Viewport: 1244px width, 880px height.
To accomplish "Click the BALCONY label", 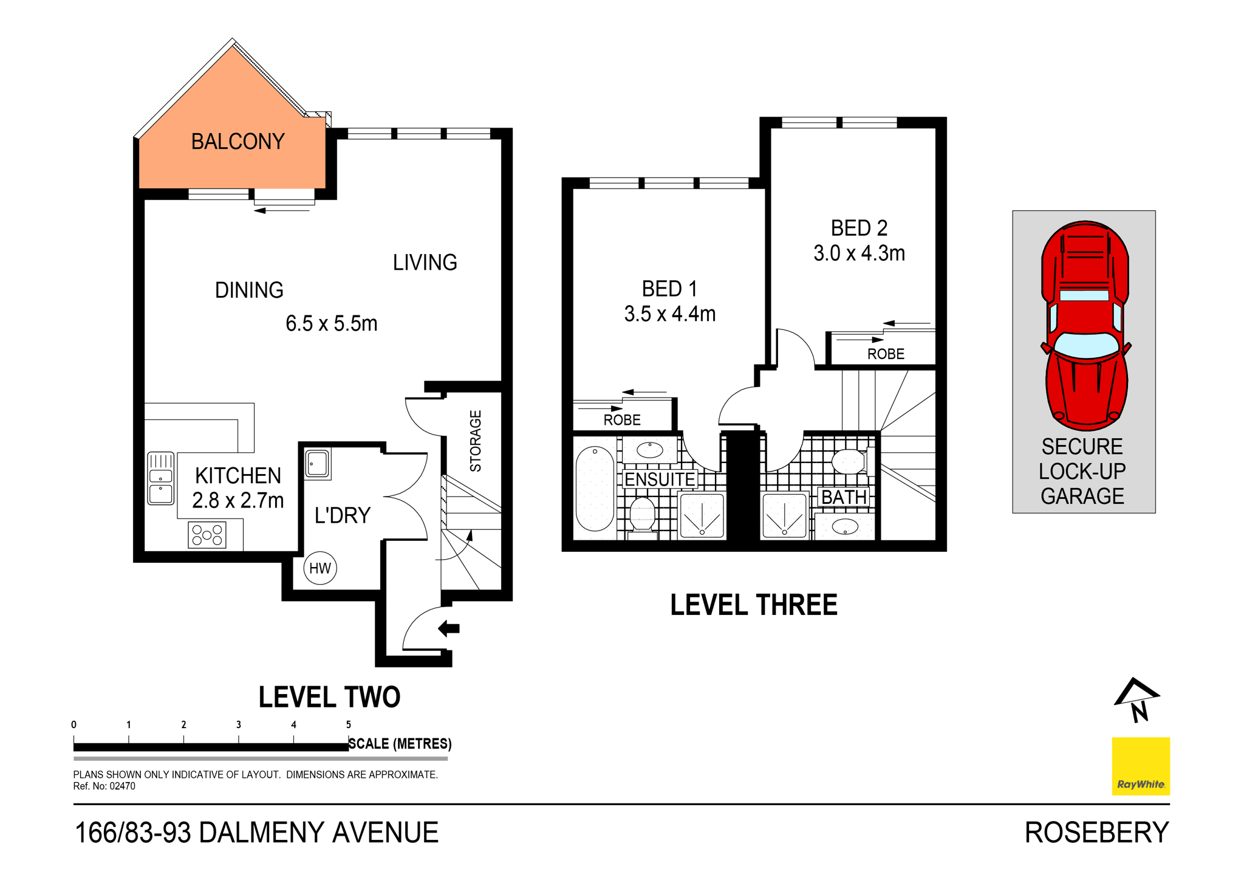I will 238,142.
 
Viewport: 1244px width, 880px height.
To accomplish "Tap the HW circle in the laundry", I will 320,568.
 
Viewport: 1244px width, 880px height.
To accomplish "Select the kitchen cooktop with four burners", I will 207,535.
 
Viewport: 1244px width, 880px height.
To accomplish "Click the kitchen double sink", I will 161,478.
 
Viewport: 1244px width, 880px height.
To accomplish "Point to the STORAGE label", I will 476,441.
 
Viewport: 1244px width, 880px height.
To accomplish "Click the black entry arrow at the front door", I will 449,628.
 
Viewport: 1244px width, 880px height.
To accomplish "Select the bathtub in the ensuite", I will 595,489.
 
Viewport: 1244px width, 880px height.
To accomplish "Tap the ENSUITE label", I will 660,480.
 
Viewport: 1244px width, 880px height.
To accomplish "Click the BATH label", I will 844,497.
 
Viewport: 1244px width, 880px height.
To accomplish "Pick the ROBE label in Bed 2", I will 886,354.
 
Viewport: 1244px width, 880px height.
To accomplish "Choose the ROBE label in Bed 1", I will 622,420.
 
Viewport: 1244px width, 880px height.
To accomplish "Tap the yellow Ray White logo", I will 1141,766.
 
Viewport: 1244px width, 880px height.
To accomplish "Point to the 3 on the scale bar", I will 239,724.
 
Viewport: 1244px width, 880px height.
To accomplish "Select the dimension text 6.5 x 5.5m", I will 331,323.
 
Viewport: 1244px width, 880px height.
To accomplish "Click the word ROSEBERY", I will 1096,833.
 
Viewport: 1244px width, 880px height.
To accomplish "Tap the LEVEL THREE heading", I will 753,605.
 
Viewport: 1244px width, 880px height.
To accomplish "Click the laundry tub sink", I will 317,464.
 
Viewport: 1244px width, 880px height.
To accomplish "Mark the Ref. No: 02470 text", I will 104,786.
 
